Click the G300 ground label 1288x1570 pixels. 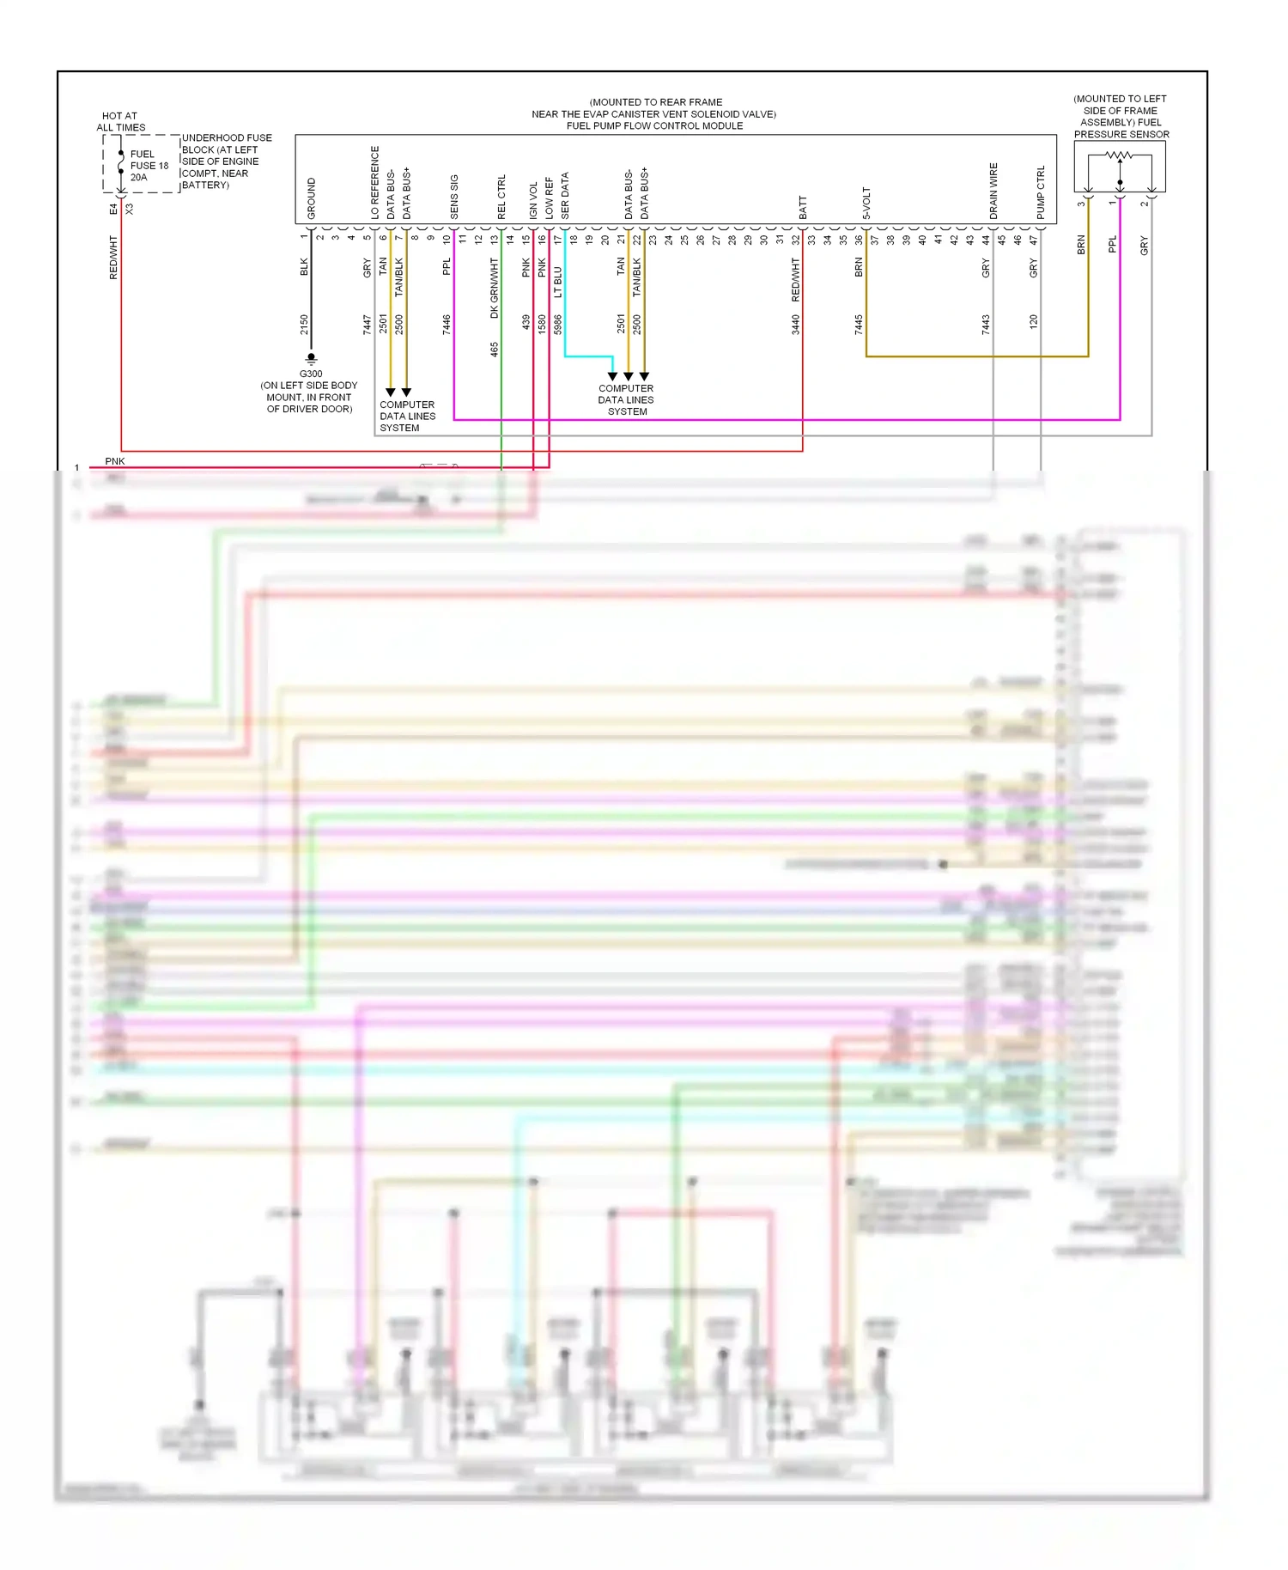coord(311,374)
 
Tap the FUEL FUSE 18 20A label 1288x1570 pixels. coord(149,166)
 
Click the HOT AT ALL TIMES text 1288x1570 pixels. coord(120,122)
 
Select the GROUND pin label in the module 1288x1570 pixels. coord(312,198)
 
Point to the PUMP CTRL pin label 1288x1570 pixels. coord(1041,192)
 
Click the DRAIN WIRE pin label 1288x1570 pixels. coord(993,191)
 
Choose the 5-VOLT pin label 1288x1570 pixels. coord(866,204)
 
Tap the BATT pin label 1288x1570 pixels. coord(803,207)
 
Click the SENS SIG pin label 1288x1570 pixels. coord(454,197)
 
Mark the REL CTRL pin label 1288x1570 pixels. coord(501,197)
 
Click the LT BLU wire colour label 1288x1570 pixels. coord(558,282)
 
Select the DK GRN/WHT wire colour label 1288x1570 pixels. coord(495,289)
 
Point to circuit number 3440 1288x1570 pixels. coord(796,324)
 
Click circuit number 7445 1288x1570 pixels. coord(859,324)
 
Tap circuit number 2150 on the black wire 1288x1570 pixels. coord(304,324)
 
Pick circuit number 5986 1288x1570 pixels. coord(558,324)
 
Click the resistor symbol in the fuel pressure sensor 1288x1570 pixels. coord(1119,155)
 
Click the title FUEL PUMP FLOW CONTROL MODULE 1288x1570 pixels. coord(654,126)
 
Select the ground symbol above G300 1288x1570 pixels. coord(311,358)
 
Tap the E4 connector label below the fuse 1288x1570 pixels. coord(113,209)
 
